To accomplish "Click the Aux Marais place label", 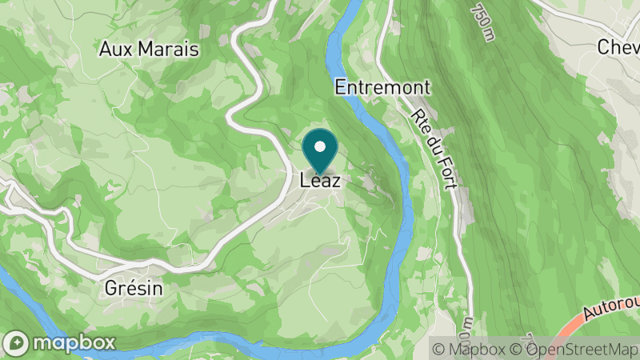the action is click(148, 49).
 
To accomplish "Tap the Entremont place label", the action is click(383, 87).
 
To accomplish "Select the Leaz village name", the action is click(321, 181).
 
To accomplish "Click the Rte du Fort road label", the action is click(437, 148).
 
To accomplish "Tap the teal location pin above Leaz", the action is click(321, 150).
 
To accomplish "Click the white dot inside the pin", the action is click(321, 146).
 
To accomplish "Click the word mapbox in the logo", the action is click(74, 342).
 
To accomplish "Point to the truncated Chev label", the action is click(618, 47).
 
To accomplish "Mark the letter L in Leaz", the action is click(305, 181).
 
